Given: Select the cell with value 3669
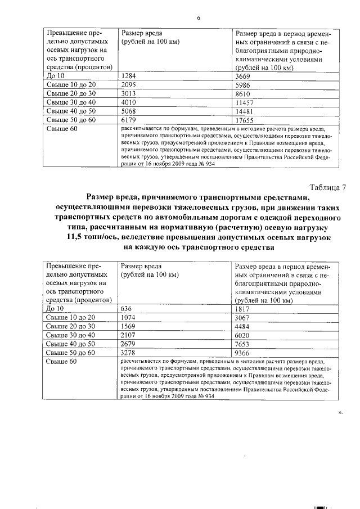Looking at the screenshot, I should pyautogui.click(x=245, y=75).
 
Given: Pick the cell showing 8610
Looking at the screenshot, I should pyautogui.click(x=244, y=93).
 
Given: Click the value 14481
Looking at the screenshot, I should pyautogui.click(x=246, y=111).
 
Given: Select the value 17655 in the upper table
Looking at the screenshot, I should pyautogui.click(x=246, y=120).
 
